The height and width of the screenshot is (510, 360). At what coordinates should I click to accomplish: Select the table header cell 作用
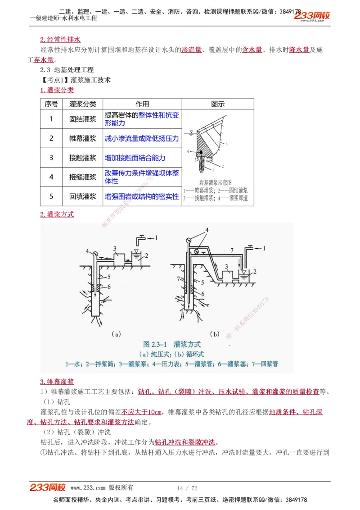[x=142, y=104]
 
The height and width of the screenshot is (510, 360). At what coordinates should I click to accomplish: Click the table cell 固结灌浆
[x=83, y=119]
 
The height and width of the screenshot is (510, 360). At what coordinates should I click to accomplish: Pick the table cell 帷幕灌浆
[x=83, y=138]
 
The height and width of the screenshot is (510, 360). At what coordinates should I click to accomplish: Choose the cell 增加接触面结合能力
[x=135, y=158]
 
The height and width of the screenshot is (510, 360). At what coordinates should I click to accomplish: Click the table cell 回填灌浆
[x=83, y=196]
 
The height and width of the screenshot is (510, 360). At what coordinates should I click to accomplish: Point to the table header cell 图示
[x=218, y=104]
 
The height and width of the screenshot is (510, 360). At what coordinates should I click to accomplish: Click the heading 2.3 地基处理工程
[x=67, y=70]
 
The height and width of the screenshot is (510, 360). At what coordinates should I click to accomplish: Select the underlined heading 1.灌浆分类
[x=57, y=90]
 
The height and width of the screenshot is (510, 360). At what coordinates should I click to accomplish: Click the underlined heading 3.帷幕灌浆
[x=57, y=382]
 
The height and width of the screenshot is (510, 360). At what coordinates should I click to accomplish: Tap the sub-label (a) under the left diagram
[x=116, y=334]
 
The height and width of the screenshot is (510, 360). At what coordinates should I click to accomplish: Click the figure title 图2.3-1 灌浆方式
[x=171, y=345]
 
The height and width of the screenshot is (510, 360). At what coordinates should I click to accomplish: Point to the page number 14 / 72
[x=187, y=488]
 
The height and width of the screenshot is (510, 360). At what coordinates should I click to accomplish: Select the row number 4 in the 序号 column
[x=51, y=177]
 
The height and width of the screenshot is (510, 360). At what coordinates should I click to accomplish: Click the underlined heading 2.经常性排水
[x=60, y=40]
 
